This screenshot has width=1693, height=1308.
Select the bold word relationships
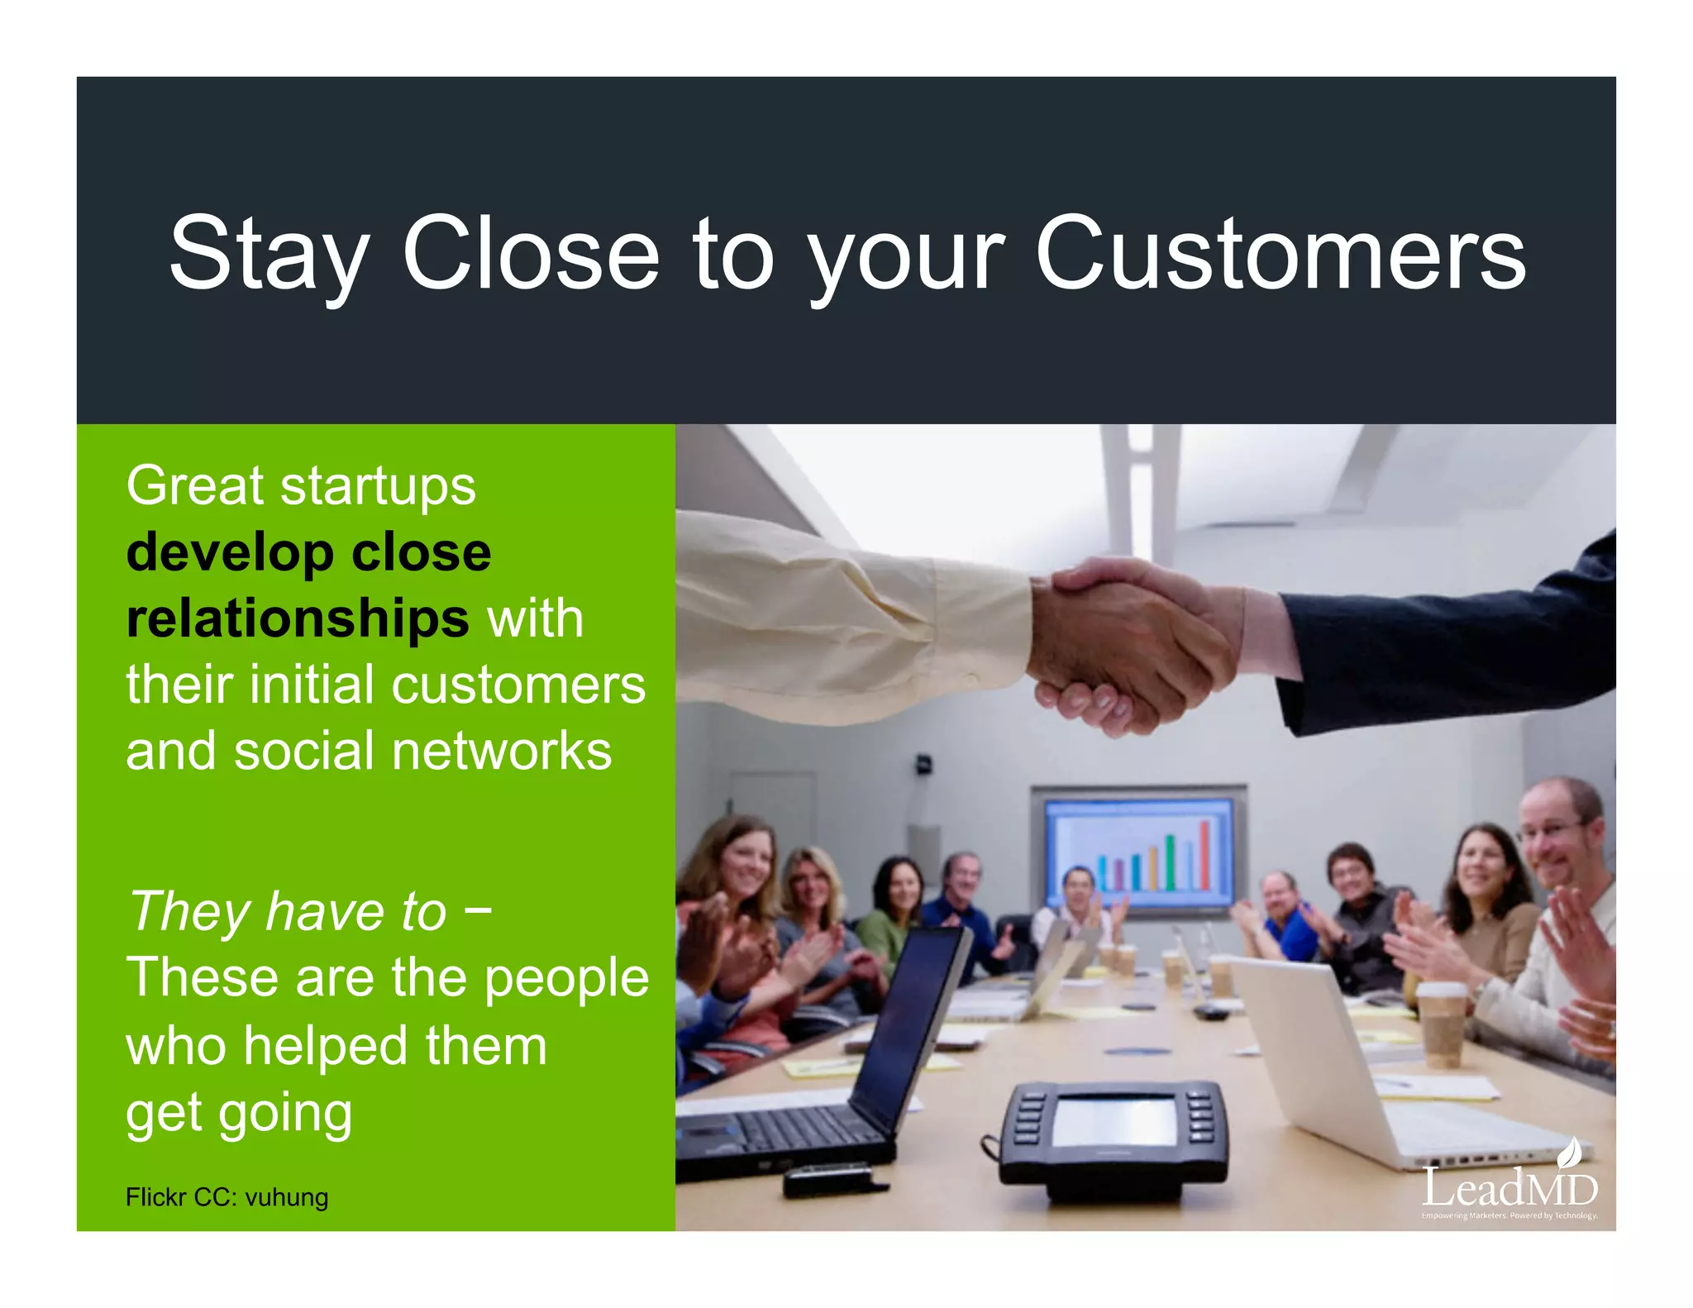298,618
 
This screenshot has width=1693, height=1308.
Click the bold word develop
229,552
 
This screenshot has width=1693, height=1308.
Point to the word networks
502,751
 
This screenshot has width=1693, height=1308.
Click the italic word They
190,911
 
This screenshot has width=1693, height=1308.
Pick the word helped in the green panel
325,1045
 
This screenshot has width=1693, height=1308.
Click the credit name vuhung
287,1197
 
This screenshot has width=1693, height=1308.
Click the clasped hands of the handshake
1133,645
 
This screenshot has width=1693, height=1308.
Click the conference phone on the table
1113,1138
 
